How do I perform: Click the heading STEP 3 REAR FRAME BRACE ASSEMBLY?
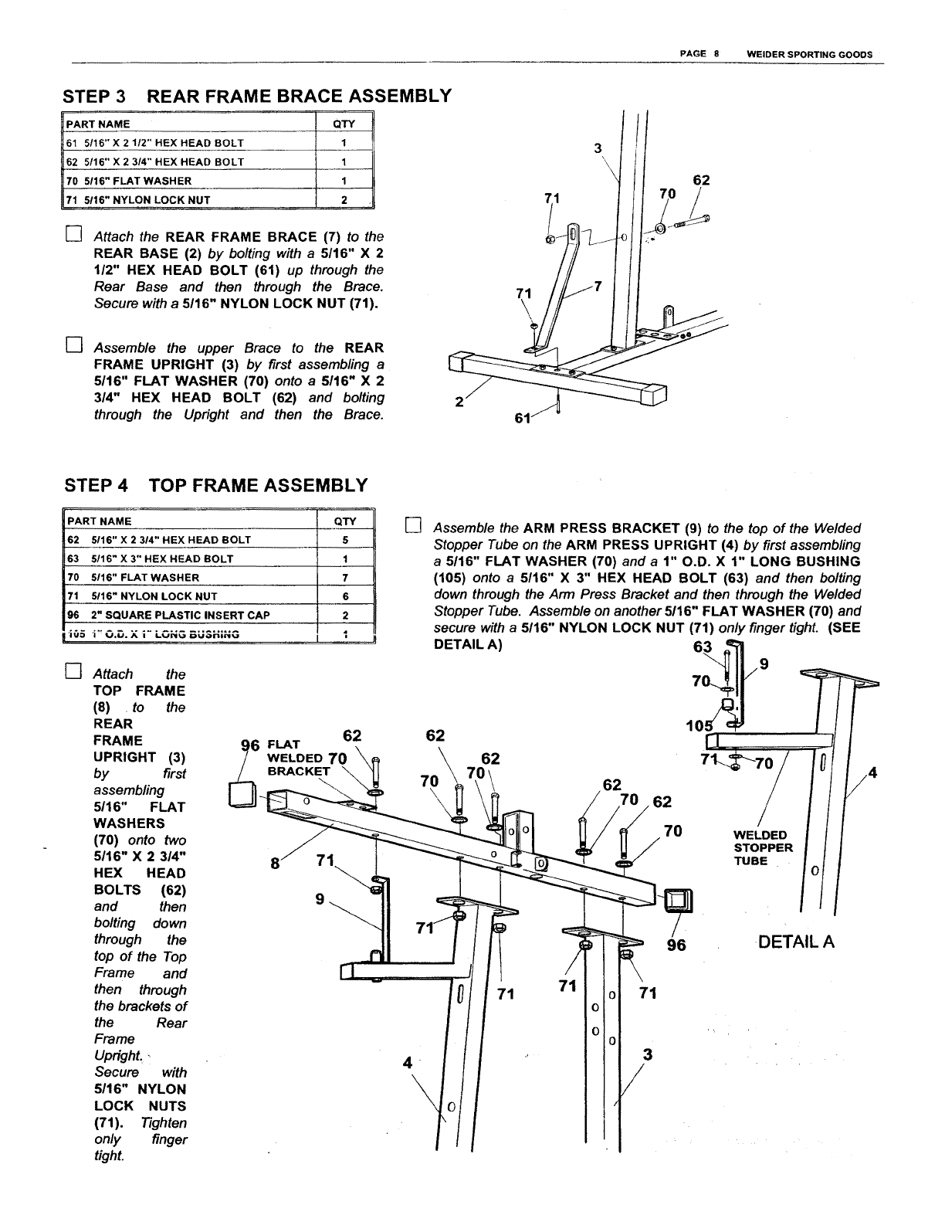click(256, 97)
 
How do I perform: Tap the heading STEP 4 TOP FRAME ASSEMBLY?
click(215, 486)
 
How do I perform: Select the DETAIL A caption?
click(796, 942)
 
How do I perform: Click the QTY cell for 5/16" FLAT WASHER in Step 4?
click(344, 578)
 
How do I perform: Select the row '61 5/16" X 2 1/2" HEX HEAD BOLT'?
click(154, 143)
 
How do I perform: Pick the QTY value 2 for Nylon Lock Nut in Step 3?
click(344, 199)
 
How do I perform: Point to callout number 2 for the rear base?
click(460, 401)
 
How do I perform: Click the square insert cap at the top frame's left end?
click(243, 793)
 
